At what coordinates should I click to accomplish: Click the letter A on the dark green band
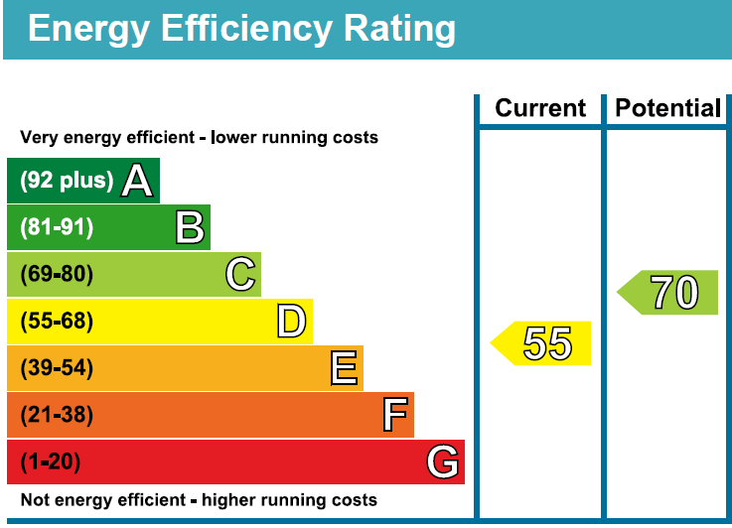(137, 181)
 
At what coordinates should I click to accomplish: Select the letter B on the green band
(190, 227)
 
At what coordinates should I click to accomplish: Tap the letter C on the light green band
(240, 274)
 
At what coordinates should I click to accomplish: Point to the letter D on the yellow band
(291, 321)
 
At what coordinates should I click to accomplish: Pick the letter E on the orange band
(344, 368)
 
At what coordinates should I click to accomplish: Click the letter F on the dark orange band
(395, 414)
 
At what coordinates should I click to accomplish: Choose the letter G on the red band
(443, 462)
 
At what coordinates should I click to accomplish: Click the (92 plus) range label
(67, 180)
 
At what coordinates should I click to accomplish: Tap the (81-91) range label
(57, 227)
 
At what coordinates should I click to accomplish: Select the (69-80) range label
(57, 274)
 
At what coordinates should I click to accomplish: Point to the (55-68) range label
(57, 321)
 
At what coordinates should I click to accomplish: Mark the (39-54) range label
(57, 368)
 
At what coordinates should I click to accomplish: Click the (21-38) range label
(57, 415)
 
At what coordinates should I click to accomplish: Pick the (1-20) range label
(51, 462)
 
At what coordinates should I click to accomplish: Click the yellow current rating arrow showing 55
(540, 343)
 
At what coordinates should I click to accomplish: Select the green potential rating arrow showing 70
(667, 293)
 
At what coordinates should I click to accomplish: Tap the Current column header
(540, 108)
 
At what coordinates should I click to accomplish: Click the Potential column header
(668, 108)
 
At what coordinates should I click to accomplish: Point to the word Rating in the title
(399, 30)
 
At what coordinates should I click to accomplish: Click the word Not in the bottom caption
(35, 500)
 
